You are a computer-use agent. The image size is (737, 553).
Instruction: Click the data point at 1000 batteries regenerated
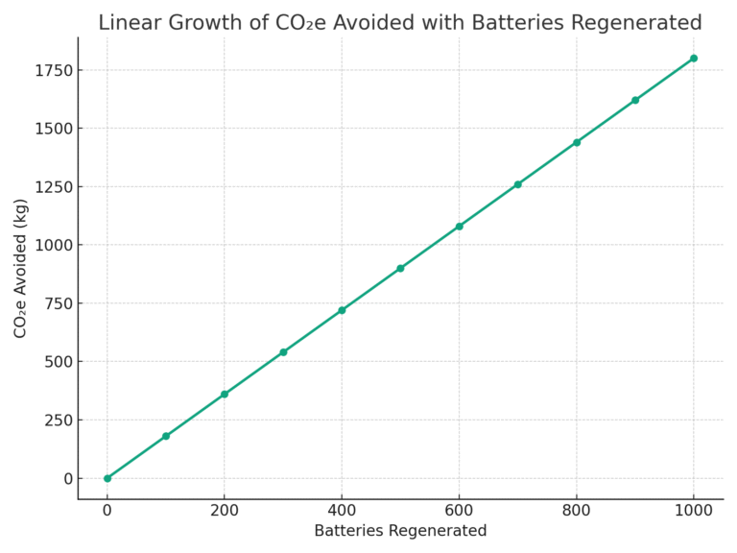tap(693, 59)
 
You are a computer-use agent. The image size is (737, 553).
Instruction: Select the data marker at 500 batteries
tap(400, 268)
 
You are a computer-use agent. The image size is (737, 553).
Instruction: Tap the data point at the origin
tap(107, 478)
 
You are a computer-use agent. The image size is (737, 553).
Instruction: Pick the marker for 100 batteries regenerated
tap(166, 436)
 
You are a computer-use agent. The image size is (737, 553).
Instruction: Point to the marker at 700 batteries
tap(517, 184)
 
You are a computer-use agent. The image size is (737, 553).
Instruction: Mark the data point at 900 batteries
tap(634, 100)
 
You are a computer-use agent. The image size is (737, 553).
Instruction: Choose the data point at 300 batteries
tap(283, 352)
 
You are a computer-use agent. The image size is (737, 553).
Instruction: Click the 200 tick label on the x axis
tap(225, 511)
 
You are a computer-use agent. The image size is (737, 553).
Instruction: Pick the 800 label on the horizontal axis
tap(576, 511)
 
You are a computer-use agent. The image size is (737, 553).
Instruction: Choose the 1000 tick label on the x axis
tap(693, 511)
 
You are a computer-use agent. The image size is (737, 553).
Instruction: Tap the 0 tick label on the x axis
tap(107, 511)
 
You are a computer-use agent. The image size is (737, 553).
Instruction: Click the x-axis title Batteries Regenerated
tap(400, 531)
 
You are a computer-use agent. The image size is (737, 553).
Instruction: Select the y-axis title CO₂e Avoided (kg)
tap(21, 268)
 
